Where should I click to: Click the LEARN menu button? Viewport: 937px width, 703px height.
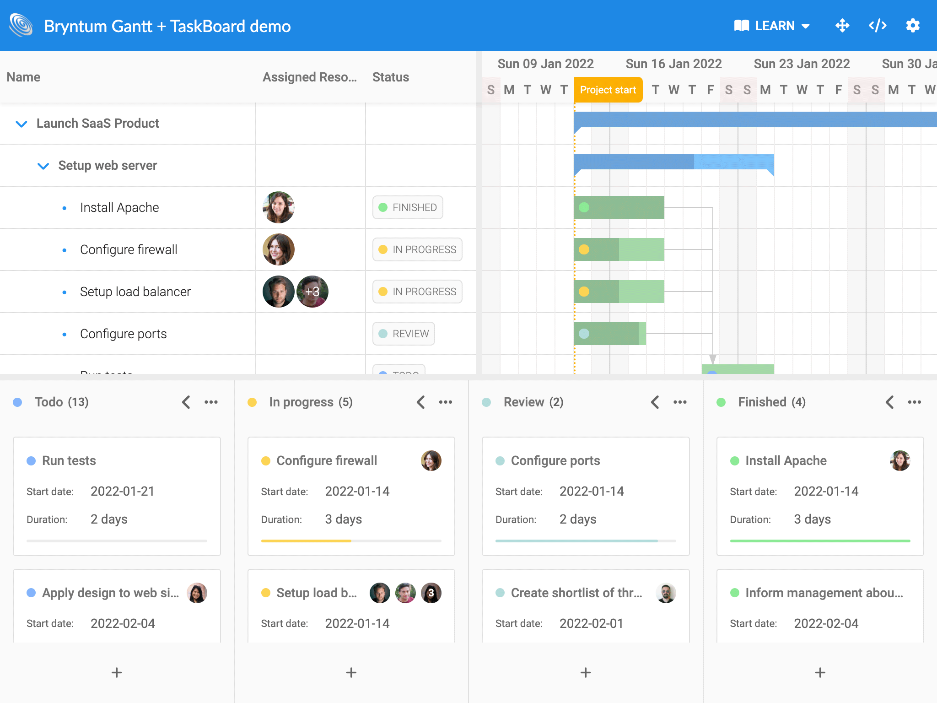tap(772, 26)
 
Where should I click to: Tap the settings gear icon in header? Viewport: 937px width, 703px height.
tap(913, 26)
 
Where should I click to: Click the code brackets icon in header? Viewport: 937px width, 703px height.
tap(878, 26)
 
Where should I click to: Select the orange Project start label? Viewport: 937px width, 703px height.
tap(608, 90)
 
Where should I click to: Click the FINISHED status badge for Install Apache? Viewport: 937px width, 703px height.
tap(408, 207)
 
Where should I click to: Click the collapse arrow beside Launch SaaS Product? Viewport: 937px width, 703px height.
tap(22, 124)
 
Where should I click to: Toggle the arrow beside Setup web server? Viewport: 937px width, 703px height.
tap(43, 166)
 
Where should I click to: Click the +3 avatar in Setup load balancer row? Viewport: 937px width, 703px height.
tap(312, 292)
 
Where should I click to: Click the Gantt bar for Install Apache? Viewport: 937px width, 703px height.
tap(619, 207)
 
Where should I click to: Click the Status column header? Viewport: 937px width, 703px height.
tap(391, 77)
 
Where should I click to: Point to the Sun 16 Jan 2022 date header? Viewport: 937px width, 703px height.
tap(673, 64)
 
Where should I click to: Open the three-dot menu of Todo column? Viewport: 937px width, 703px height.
tap(211, 402)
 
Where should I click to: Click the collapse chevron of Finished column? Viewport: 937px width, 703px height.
tap(889, 402)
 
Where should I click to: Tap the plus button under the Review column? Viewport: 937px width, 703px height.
tap(586, 672)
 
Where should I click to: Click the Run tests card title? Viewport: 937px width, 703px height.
tap(69, 460)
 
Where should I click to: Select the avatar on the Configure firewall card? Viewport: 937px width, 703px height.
tap(431, 460)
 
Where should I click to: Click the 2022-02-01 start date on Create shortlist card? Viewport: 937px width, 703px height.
tap(591, 623)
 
